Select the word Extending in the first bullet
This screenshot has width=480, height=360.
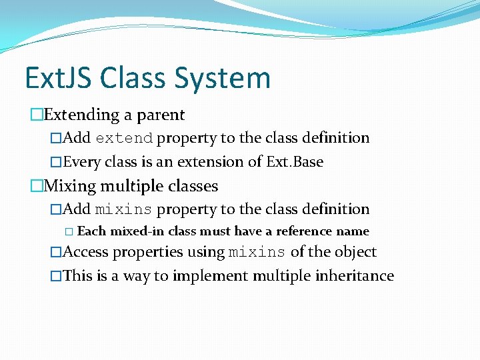[81, 115]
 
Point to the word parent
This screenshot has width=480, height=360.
[160, 115]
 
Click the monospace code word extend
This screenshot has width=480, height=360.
[124, 139]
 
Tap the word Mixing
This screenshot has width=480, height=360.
[70, 185]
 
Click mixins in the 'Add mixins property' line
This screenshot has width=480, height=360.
[124, 210]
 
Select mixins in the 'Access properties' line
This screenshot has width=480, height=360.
[257, 253]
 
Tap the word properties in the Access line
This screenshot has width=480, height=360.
[146, 252]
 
